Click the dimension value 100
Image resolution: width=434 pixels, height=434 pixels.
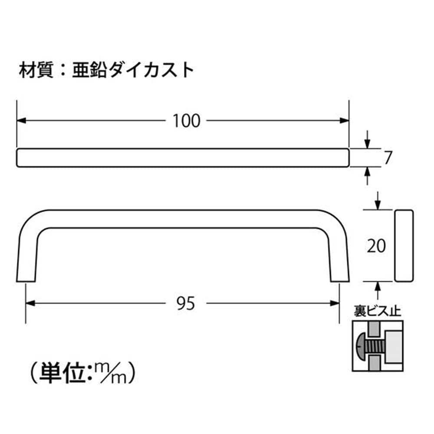coord(186,121)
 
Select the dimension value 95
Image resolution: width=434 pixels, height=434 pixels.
coord(186,303)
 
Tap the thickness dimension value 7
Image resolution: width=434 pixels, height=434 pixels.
coord(388,158)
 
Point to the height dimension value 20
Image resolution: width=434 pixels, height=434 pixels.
coord(376,246)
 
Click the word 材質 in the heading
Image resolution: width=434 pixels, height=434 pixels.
coord(36,70)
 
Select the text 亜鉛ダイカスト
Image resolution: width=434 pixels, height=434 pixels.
coord(133,70)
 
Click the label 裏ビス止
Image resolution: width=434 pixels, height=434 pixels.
coord(377,311)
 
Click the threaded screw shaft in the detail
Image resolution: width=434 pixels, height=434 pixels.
coord(375,346)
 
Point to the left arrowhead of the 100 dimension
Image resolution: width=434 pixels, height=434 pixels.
coord(21,121)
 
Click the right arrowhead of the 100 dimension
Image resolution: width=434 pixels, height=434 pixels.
coord(344,121)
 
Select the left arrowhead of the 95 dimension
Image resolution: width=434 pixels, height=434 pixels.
coord(30,303)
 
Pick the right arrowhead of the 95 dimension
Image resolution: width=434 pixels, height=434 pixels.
coord(335,303)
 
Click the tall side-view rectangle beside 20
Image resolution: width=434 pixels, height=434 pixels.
coord(404,246)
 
